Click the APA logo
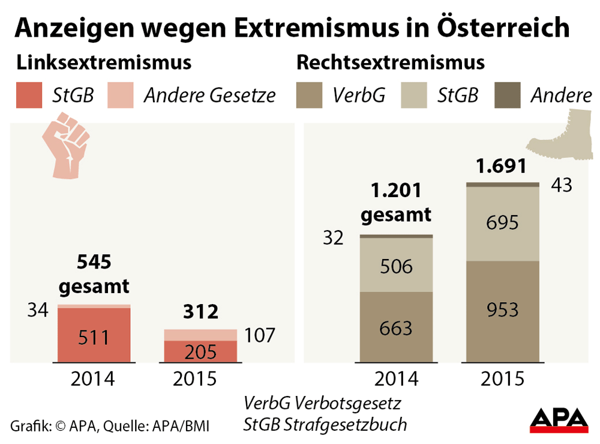click(x=559, y=419)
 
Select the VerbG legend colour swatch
click(x=310, y=95)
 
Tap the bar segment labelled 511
click(x=94, y=336)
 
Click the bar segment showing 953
click(x=503, y=311)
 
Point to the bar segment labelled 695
click(x=503, y=223)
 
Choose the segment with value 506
click(x=396, y=265)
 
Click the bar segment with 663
click(x=396, y=327)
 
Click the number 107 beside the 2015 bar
click(x=260, y=335)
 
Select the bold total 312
click(x=200, y=312)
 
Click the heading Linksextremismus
click(x=104, y=62)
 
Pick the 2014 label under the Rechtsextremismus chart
click(x=396, y=379)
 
